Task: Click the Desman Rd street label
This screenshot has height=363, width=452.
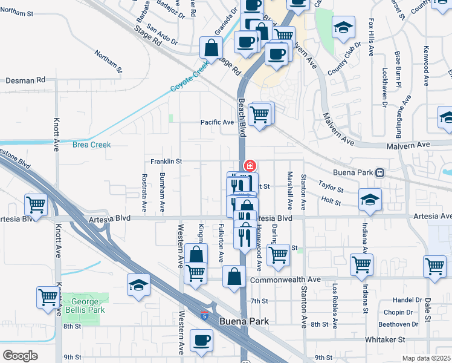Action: (25, 80)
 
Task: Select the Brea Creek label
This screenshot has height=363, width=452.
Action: (91, 145)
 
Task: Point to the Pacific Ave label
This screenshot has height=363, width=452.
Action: (217, 122)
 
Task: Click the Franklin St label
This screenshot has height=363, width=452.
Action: (166, 162)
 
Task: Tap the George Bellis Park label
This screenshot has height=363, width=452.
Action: (88, 306)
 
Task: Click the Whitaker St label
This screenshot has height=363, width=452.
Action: (384, 340)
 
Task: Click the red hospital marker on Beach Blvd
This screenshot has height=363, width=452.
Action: (248, 165)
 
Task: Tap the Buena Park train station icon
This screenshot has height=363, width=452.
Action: (380, 172)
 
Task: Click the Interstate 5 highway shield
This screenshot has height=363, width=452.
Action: (206, 315)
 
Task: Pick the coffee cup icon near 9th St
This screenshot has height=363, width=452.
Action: (201, 339)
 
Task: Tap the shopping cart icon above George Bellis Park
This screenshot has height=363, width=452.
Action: (48, 296)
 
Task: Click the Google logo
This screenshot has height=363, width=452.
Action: (20, 356)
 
